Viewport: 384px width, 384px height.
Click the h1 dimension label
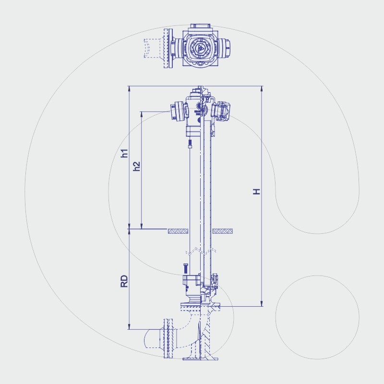[125, 153]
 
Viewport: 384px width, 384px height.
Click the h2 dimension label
[137, 166]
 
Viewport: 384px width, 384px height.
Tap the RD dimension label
[124, 281]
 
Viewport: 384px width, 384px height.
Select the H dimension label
[256, 192]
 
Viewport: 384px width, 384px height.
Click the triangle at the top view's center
[200, 48]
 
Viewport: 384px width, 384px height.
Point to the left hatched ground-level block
[178, 231]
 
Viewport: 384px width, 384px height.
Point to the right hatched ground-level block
[223, 231]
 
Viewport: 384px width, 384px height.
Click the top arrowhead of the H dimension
[262, 89]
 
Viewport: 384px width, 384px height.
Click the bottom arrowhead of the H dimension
[262, 303]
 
